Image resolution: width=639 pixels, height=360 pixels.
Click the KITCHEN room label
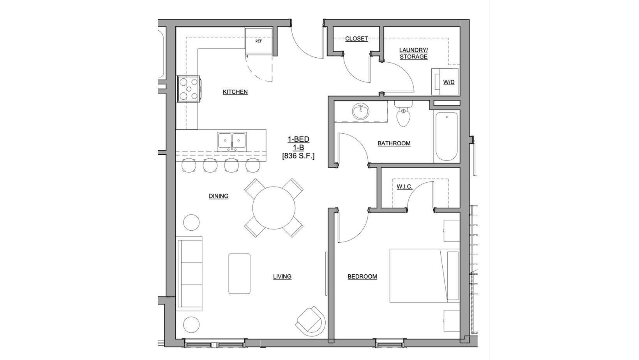pos(235,92)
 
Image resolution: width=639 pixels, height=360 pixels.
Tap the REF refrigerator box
pos(259,41)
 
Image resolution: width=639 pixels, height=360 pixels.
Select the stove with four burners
pos(189,89)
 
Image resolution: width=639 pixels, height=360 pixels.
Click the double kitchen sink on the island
pos(232,141)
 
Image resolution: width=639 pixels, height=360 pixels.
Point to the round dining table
pos(274,208)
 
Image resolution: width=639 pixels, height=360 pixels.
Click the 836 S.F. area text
pos(298,156)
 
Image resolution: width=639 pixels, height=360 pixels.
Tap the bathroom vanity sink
pos(360,112)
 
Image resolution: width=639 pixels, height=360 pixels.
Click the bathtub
pos(447,136)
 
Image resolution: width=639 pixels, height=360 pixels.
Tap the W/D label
pos(449,82)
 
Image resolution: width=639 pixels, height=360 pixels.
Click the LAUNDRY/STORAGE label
pos(413,53)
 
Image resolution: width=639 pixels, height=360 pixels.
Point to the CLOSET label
pos(357,39)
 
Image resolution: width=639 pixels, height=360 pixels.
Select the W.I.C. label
pos(404,187)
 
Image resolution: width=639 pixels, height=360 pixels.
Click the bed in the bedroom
pos(424,275)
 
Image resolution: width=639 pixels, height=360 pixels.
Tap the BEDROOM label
pos(362,277)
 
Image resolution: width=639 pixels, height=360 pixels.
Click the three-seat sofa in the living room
pos(190,273)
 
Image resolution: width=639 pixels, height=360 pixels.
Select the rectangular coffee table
pos(239,273)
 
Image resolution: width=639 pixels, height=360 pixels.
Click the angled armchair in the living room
pos(310,322)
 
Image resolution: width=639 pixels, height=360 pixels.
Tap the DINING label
pos(219,196)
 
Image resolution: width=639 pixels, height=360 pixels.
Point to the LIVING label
pos(282,277)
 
